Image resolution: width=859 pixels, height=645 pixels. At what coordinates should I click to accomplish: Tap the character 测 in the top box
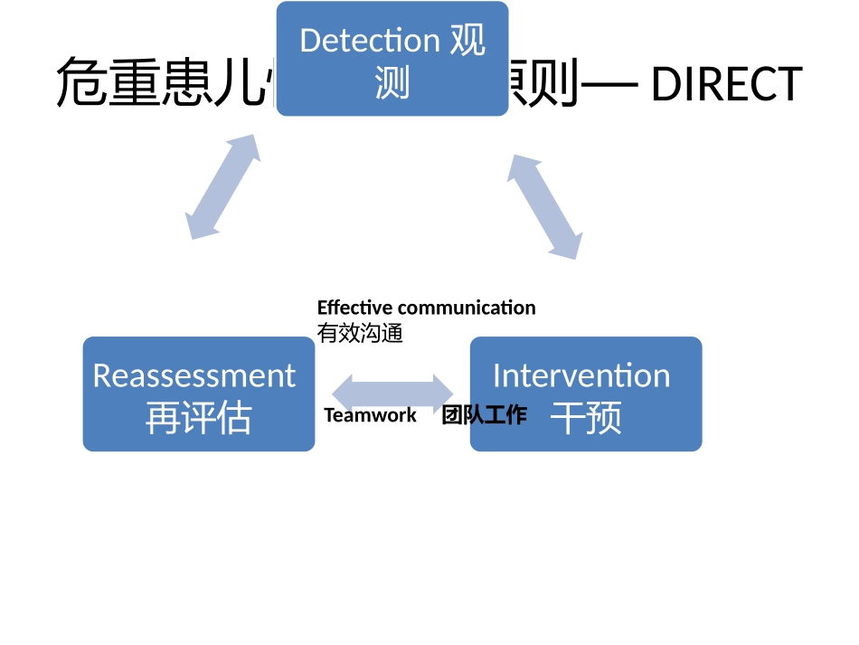click(x=392, y=84)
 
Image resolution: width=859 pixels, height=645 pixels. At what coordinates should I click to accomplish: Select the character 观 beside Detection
click(x=467, y=41)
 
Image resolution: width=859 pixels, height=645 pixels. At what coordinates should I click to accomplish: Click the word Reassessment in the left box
click(x=194, y=375)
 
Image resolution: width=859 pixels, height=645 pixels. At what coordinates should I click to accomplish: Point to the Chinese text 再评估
click(x=198, y=419)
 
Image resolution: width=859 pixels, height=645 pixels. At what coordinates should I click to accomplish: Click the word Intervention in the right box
click(x=581, y=375)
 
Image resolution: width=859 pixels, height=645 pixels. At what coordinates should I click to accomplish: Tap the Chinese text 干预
click(x=586, y=419)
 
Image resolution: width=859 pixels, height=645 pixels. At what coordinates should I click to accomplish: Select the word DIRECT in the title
click(x=726, y=84)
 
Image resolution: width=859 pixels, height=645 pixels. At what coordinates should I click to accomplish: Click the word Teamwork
click(x=371, y=415)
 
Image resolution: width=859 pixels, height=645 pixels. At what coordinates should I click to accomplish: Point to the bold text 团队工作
click(x=484, y=415)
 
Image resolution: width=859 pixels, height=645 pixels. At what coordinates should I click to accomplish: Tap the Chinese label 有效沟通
click(x=360, y=334)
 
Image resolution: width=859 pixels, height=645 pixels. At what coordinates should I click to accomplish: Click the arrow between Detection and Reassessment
click(x=222, y=188)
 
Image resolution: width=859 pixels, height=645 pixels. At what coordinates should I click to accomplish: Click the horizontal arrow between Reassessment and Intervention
click(x=392, y=393)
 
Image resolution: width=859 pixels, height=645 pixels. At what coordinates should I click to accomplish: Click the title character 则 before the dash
click(x=551, y=84)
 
